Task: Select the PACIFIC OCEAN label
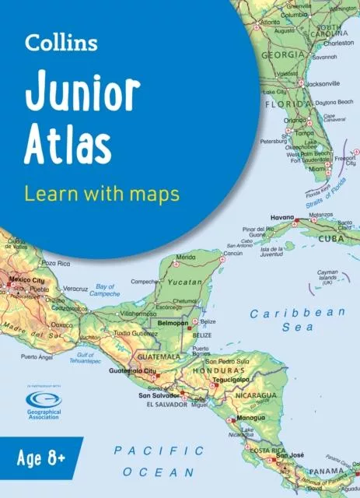(x=159, y=461)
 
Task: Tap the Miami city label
(x=316, y=168)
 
